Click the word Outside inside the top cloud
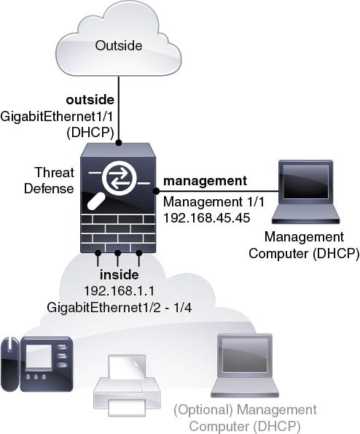tap(119, 46)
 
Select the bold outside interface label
tap(90, 100)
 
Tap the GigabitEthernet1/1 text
tap(57, 117)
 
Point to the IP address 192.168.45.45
tap(207, 218)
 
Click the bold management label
tap(205, 181)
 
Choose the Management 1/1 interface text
tap(214, 202)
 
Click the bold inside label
tap(120, 274)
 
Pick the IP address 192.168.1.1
tap(120, 291)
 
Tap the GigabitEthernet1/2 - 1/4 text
tap(120, 307)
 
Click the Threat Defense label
tap(50, 180)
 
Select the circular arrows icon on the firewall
tap(120, 178)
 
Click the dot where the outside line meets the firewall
tap(119, 143)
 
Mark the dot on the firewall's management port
tap(156, 191)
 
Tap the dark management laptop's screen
tap(305, 182)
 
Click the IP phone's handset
tap(10, 363)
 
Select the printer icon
tap(127, 385)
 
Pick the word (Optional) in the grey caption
tap(203, 410)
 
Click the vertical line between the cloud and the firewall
tap(119, 108)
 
